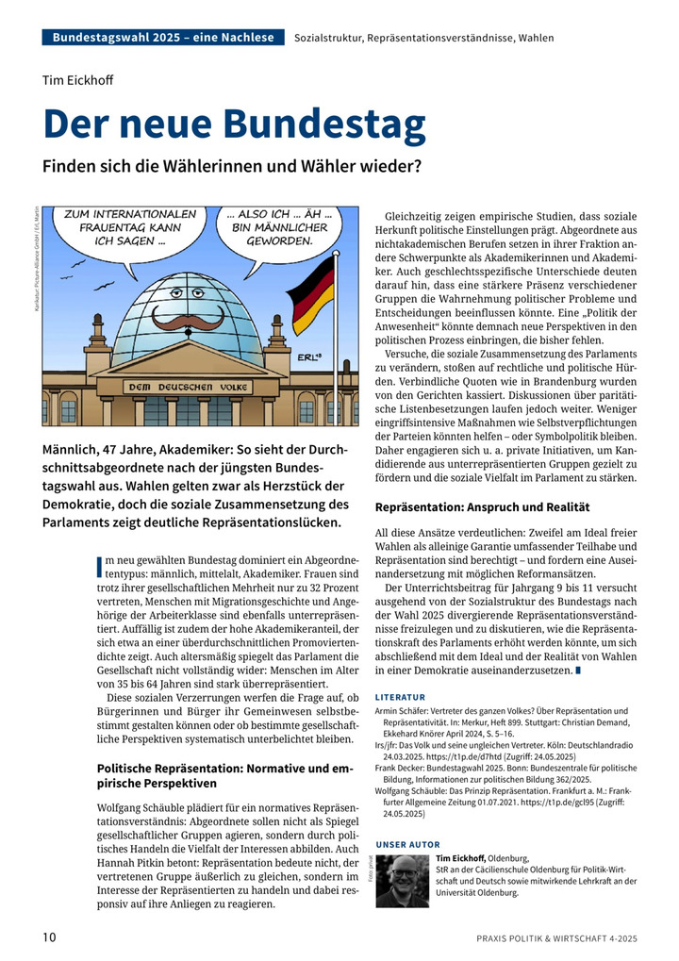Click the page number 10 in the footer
pyautogui.click(x=49, y=937)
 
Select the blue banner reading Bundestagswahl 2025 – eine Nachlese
pyautogui.click(x=163, y=38)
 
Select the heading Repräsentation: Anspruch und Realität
pyautogui.click(x=482, y=506)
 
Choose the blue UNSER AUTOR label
pyautogui.click(x=407, y=844)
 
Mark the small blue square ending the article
pyautogui.click(x=578, y=671)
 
